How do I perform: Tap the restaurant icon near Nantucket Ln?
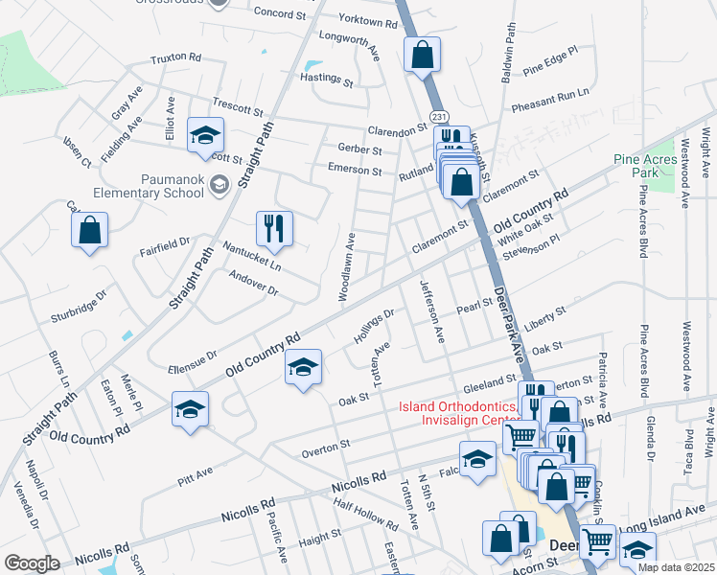pyautogui.click(x=273, y=228)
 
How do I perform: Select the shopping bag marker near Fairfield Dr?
pyautogui.click(x=89, y=230)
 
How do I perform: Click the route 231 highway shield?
pyautogui.click(x=439, y=116)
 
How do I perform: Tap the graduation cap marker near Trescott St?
pyautogui.click(x=204, y=135)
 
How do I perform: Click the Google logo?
pyautogui.click(x=32, y=563)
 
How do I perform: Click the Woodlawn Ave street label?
pyautogui.click(x=348, y=267)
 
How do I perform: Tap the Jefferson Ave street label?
pyautogui.click(x=430, y=311)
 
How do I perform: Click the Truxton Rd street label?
pyautogui.click(x=175, y=58)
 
